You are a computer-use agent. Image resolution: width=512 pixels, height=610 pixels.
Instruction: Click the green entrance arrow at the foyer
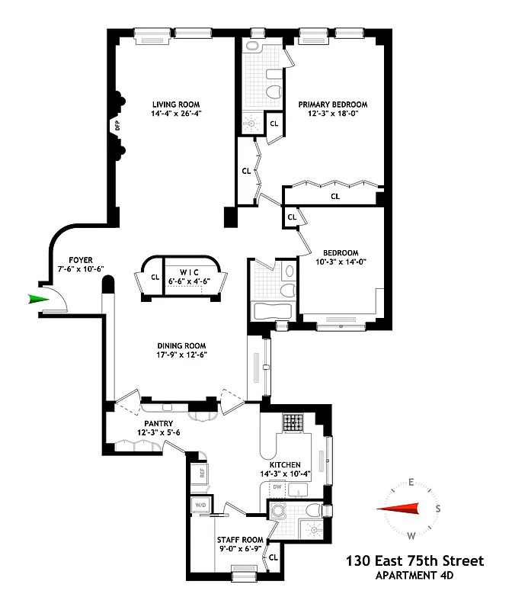pyautogui.click(x=37, y=299)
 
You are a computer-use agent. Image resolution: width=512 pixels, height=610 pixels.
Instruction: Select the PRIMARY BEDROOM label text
pyautogui.click(x=332, y=104)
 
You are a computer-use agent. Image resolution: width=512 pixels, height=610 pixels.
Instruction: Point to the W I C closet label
pyautogui.click(x=189, y=272)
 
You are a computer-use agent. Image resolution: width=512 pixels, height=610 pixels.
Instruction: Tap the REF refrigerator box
pyautogui.click(x=202, y=472)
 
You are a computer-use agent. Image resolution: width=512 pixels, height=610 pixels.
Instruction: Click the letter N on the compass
pyautogui.click(x=386, y=509)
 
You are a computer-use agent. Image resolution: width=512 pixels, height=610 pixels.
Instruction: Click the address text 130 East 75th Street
pyautogui.click(x=414, y=561)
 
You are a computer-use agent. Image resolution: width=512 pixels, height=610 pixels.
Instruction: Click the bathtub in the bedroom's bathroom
pyautogui.click(x=272, y=312)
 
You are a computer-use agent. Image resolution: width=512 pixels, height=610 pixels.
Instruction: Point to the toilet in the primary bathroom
pyautogui.click(x=274, y=93)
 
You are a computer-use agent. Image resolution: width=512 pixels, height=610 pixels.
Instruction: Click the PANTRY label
pyautogui.click(x=158, y=423)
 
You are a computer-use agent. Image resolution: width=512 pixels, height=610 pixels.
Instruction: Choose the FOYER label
pyautogui.click(x=80, y=259)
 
